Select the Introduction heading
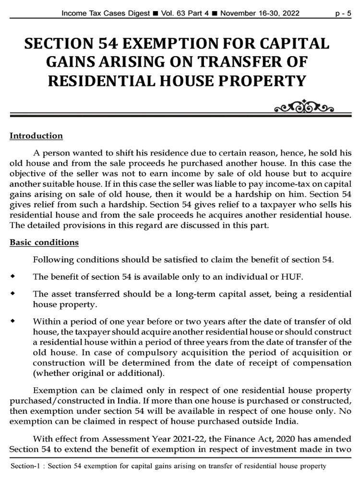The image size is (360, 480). coord(36,136)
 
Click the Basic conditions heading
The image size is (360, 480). coord(44,242)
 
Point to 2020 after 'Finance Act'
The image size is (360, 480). coord(289,439)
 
